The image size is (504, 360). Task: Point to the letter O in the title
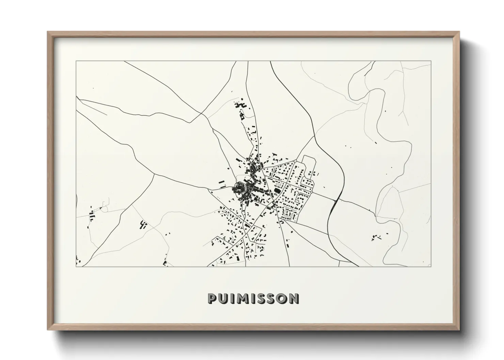[x=282, y=299]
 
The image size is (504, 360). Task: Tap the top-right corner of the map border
[x=431, y=61]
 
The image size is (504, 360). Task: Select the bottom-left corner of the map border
[x=76, y=266]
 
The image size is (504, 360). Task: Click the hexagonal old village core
[x=241, y=188]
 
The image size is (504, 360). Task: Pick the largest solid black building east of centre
[x=276, y=187]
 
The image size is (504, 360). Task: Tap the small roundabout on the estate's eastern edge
[x=312, y=193]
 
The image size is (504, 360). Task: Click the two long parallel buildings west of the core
[x=222, y=184]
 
